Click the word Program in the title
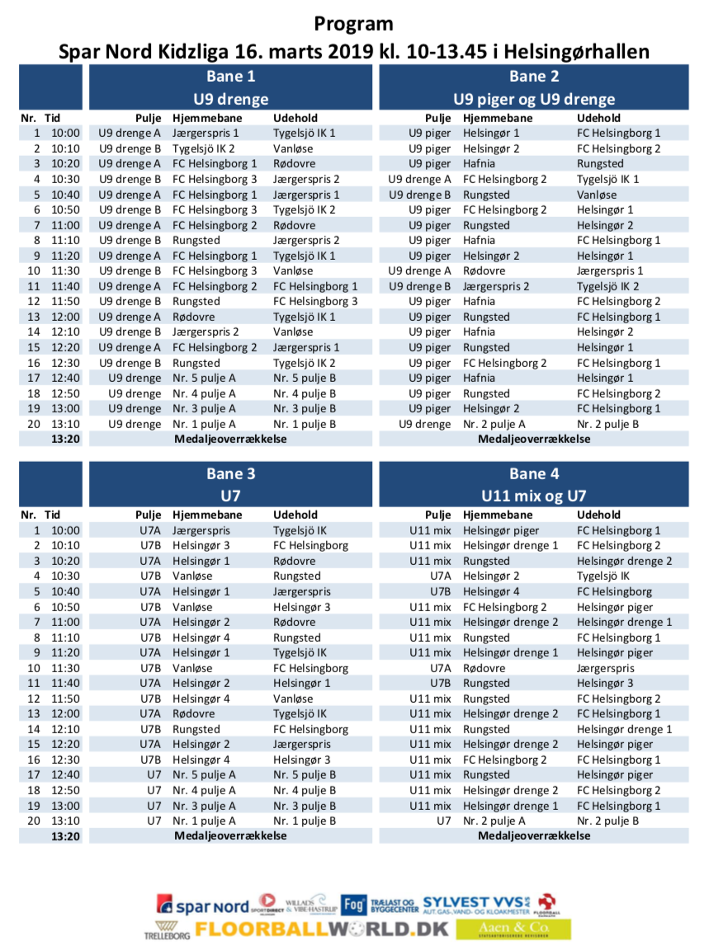click(x=353, y=24)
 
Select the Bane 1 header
click(x=230, y=77)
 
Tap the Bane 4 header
click(x=533, y=473)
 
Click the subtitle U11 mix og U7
click(x=533, y=496)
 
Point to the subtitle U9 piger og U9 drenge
click(x=533, y=99)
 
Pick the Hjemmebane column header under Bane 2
click(x=498, y=118)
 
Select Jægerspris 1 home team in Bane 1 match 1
click(x=206, y=133)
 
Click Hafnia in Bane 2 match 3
click(x=480, y=163)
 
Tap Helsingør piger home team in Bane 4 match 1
click(x=501, y=530)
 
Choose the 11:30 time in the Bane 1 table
click(x=65, y=271)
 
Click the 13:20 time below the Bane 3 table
click(x=64, y=835)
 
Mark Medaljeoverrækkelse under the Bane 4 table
click(x=534, y=835)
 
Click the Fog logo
click(x=353, y=904)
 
